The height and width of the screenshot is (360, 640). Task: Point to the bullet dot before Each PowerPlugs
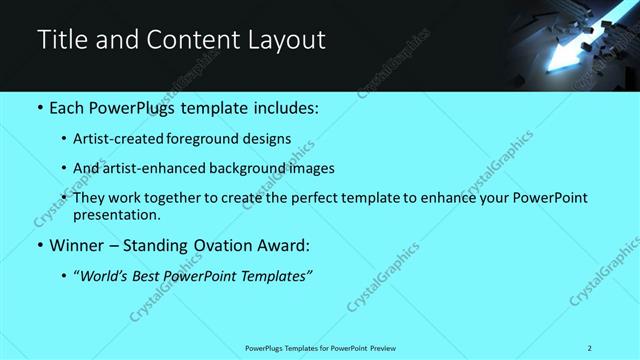click(40, 106)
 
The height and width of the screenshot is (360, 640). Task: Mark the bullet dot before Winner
click(40, 245)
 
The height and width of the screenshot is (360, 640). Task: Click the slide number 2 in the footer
click(590, 348)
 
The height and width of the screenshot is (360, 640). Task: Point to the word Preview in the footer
click(386, 348)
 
